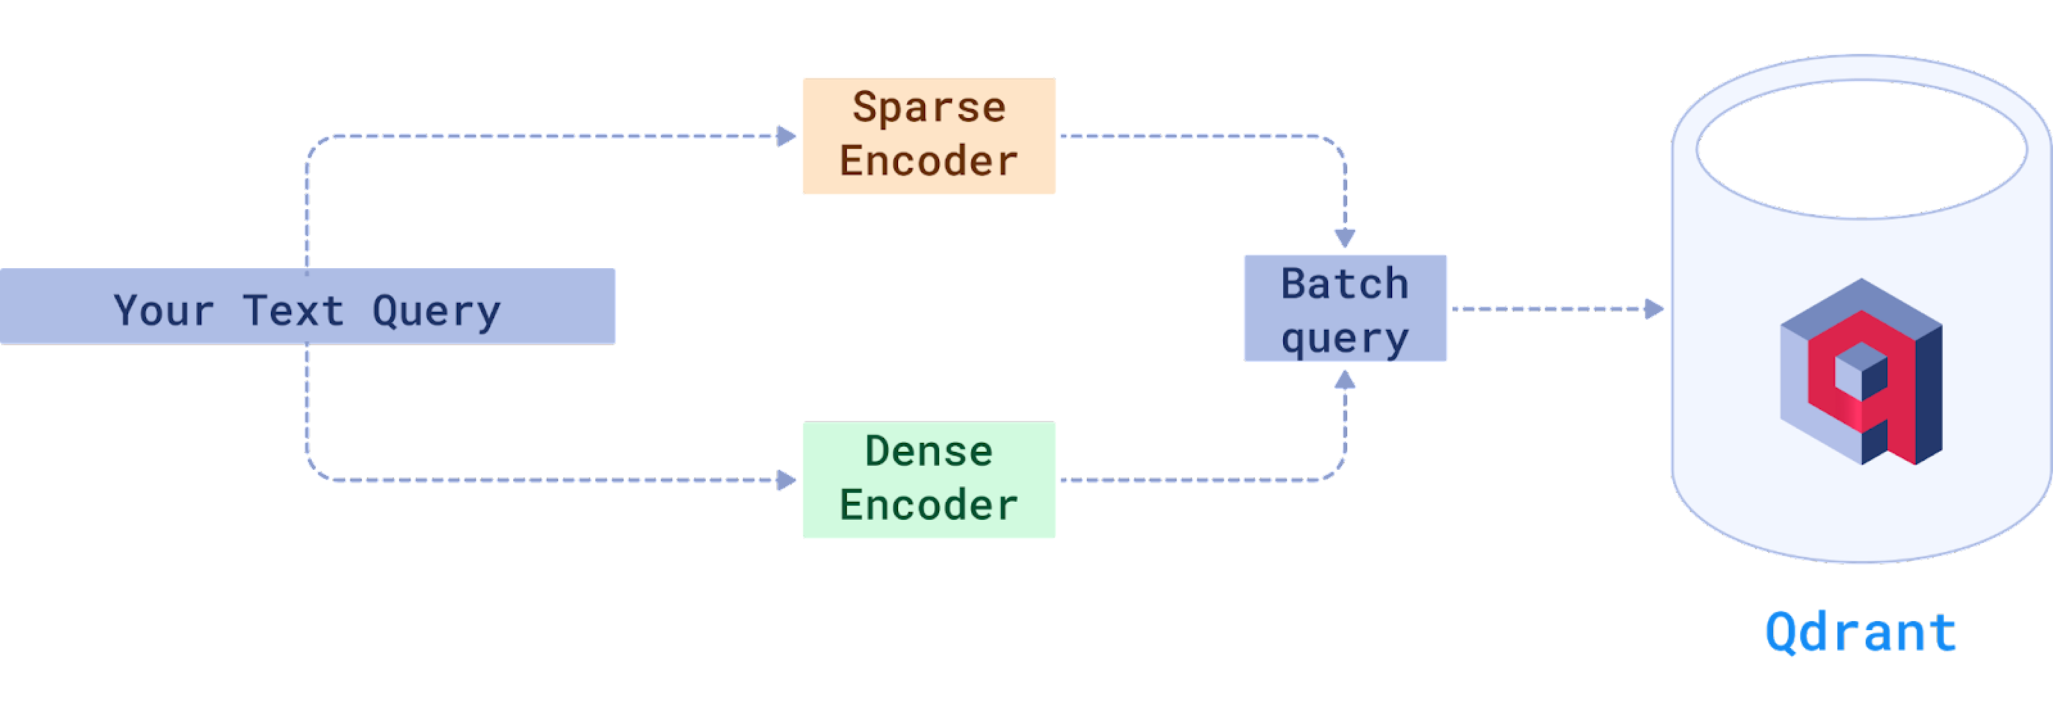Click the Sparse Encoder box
pyautogui.click(x=928, y=135)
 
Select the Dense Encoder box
pyautogui.click(x=928, y=479)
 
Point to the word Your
pyautogui.click(x=164, y=310)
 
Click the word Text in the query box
pyautogui.click(x=293, y=310)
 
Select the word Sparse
pyautogui.click(x=929, y=108)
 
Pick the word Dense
pyautogui.click(x=929, y=451)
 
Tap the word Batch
pyautogui.click(x=1345, y=284)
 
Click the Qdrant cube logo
pyautogui.click(x=1861, y=372)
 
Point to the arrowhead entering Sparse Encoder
pyautogui.click(x=787, y=136)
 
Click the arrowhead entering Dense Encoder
pyautogui.click(x=787, y=480)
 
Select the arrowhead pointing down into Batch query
pyautogui.click(x=1345, y=237)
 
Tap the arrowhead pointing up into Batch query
pyautogui.click(x=1345, y=379)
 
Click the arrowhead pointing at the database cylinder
pyautogui.click(x=1655, y=309)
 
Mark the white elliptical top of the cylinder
pyautogui.click(x=1862, y=149)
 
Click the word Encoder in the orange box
pyautogui.click(x=929, y=161)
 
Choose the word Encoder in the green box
pyautogui.click(x=929, y=506)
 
